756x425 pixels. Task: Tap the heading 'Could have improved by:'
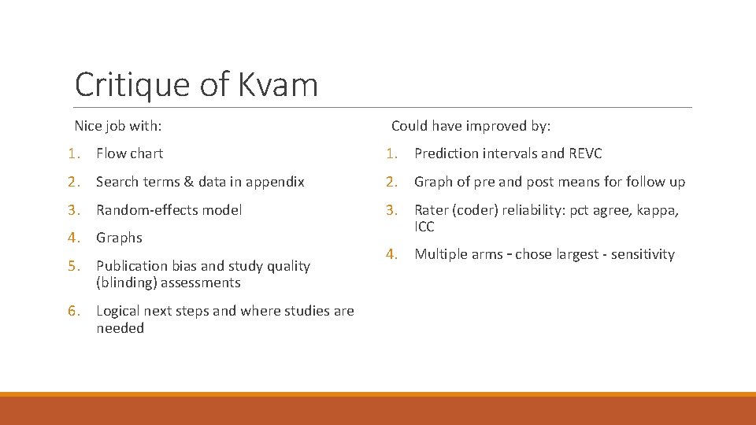click(471, 126)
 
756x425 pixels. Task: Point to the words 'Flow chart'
click(130, 153)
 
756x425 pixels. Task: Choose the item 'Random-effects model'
click(169, 209)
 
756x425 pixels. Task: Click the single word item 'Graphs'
click(119, 238)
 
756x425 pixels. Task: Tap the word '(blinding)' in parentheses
click(126, 283)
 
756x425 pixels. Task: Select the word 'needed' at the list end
click(120, 328)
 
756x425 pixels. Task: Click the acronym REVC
click(584, 153)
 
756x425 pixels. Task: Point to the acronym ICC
click(424, 227)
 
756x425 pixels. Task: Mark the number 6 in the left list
click(72, 311)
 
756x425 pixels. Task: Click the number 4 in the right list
click(390, 254)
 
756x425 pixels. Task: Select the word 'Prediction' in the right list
click(447, 153)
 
